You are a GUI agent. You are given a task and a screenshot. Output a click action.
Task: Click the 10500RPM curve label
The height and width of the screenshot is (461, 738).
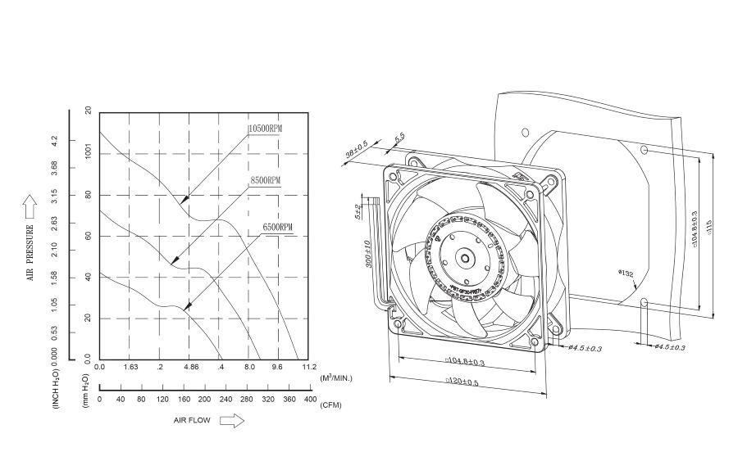tap(266, 129)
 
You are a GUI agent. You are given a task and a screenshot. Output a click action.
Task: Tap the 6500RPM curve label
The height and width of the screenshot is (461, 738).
tap(278, 226)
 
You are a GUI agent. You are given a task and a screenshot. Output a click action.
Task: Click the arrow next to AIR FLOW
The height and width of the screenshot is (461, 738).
tap(234, 420)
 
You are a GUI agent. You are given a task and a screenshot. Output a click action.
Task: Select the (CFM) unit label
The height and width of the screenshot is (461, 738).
tap(331, 405)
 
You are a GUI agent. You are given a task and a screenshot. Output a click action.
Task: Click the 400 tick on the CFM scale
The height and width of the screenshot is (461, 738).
tap(309, 399)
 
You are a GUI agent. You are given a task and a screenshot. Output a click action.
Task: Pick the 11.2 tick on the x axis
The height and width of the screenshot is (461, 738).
tap(309, 368)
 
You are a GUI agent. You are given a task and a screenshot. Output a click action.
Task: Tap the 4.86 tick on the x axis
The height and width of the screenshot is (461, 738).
tap(190, 368)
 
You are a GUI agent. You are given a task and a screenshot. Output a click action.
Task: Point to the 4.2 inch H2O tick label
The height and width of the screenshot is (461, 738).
tap(56, 140)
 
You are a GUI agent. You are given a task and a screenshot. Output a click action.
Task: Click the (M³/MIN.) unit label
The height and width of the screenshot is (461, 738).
tap(337, 377)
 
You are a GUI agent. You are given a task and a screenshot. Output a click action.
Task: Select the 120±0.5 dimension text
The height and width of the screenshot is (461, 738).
tap(463, 382)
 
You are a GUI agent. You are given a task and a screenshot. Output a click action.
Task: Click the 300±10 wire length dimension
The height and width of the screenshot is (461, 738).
tap(369, 255)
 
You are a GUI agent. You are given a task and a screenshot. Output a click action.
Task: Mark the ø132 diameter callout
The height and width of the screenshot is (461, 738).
tap(626, 273)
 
